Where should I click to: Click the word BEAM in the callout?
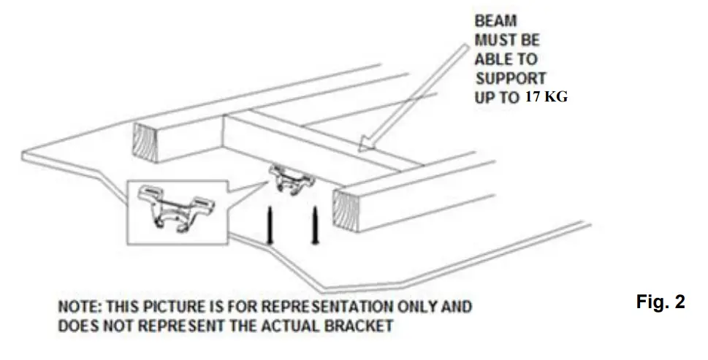[497, 22]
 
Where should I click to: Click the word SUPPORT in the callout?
[511, 77]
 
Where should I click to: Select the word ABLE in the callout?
[495, 59]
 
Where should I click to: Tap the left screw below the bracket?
[270, 225]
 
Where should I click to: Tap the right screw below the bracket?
[316, 225]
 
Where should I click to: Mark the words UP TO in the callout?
[497, 97]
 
